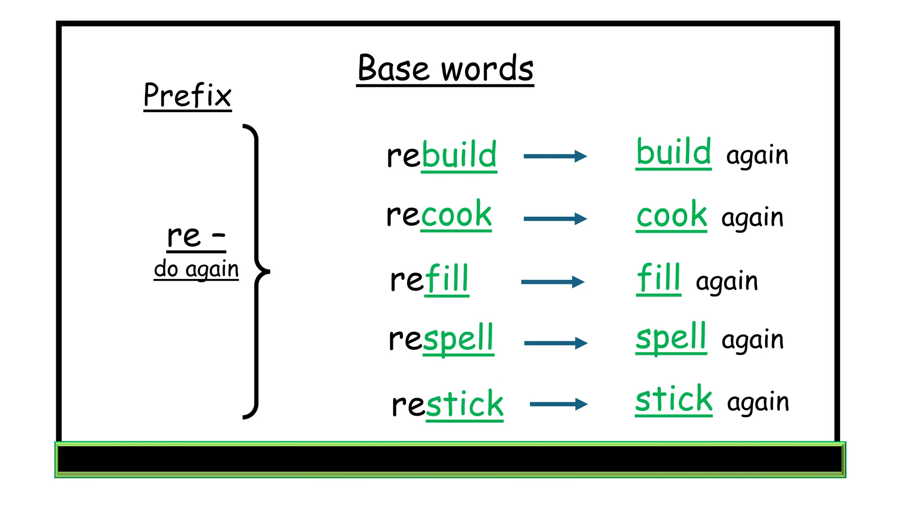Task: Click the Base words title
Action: tap(445, 68)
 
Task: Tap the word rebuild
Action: tap(442, 155)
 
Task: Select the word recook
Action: tap(439, 215)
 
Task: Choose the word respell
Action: tap(441, 339)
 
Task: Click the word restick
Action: tap(447, 404)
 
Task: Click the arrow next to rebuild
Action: tap(555, 156)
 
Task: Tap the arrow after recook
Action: tap(555, 219)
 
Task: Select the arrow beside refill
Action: tap(553, 282)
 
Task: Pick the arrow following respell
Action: tap(556, 343)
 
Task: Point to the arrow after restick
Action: tap(558, 404)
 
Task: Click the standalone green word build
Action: tap(673, 152)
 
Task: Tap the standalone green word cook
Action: tap(671, 215)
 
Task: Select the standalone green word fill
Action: tap(658, 278)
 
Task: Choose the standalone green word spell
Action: tap(671, 338)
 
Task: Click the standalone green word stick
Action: tap(673, 399)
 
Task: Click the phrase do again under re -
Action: tap(196, 269)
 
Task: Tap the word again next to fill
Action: tap(727, 282)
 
